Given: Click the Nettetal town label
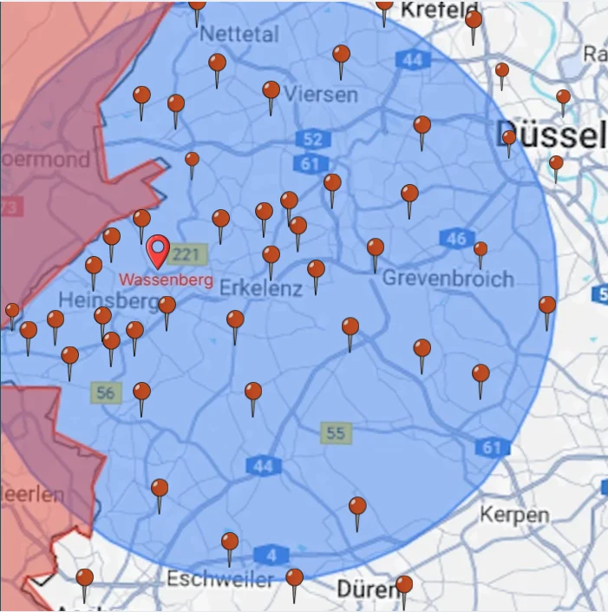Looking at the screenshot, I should point(239,35).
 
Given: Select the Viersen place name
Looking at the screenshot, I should point(321,94).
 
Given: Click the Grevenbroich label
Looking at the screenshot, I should point(448,279).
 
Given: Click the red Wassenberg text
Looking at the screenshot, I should point(166,280).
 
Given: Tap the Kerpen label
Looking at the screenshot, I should point(514,514).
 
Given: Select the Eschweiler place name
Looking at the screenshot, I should point(220,578).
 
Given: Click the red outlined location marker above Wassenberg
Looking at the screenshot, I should point(158,250).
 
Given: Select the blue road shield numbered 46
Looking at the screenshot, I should point(456,239).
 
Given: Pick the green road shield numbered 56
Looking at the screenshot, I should point(105,392).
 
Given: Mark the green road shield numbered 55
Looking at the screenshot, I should point(335,431).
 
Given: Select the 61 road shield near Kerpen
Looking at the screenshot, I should point(492,447).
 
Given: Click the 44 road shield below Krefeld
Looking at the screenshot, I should point(411,60).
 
